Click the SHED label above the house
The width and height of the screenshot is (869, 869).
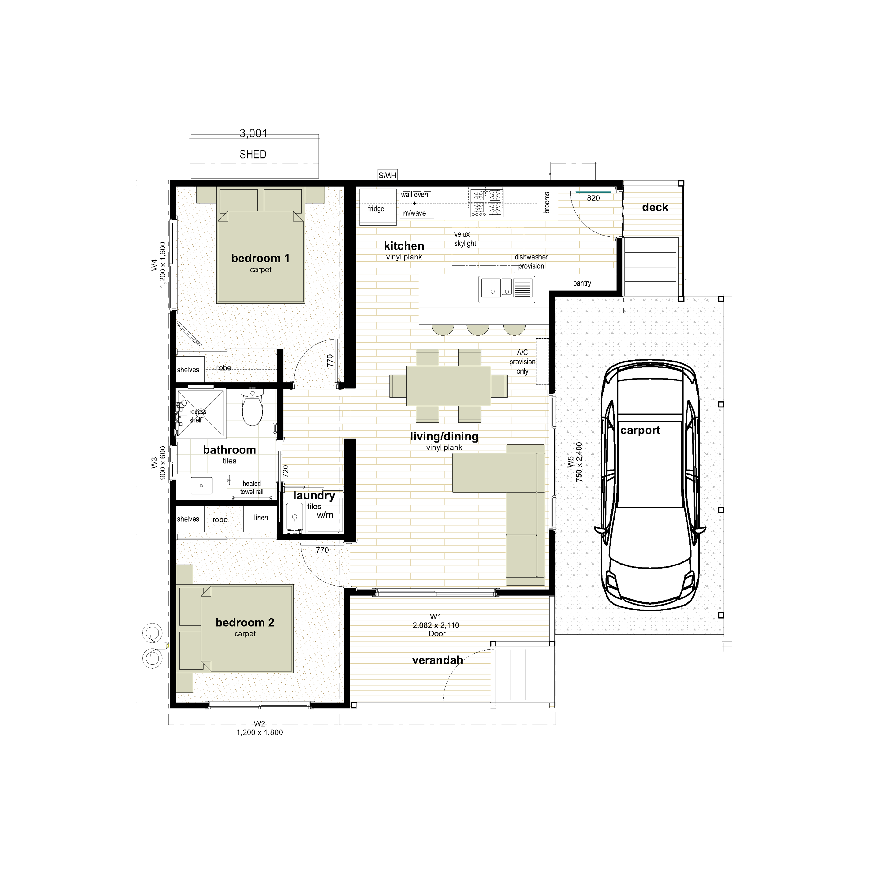pos(253,154)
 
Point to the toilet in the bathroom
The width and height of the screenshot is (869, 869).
pos(252,407)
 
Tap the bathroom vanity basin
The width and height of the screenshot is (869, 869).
pos(201,486)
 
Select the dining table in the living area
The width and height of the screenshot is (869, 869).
pos(448,386)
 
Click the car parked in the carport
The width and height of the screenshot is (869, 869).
pos(650,484)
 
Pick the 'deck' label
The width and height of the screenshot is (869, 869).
pos(655,207)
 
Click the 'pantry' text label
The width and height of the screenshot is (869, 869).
pos(582,283)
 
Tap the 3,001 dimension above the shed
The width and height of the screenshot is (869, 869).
pos(253,133)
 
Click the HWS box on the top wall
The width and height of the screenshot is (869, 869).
pos(387,175)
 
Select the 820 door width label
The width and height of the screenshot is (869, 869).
pos(593,198)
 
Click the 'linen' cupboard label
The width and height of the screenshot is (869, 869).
pos(261,518)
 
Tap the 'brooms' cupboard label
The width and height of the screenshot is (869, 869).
pos(547,202)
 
